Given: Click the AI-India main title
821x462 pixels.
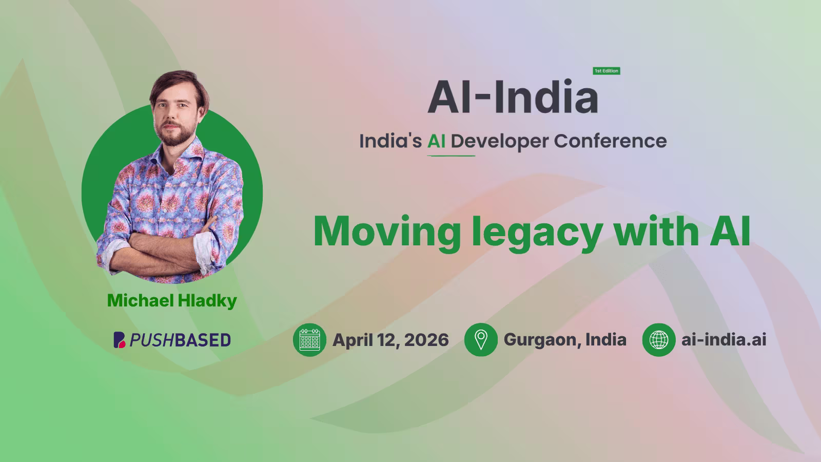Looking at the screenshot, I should click(513, 97).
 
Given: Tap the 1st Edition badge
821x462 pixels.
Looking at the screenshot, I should click(607, 71).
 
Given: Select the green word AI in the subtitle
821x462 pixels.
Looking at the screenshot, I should click(436, 141).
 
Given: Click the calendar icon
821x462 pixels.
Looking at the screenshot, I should click(309, 340).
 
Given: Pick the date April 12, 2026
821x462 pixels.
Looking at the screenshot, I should click(390, 340).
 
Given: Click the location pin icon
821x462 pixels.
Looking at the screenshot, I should click(481, 340).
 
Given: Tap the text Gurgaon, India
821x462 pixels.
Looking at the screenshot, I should click(565, 340).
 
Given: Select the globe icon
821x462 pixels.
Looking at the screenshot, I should click(659, 340).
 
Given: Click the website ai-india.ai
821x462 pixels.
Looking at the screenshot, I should click(724, 340).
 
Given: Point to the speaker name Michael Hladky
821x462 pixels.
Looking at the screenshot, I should click(172, 301).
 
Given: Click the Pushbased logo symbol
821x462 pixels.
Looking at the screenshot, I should click(119, 340).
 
